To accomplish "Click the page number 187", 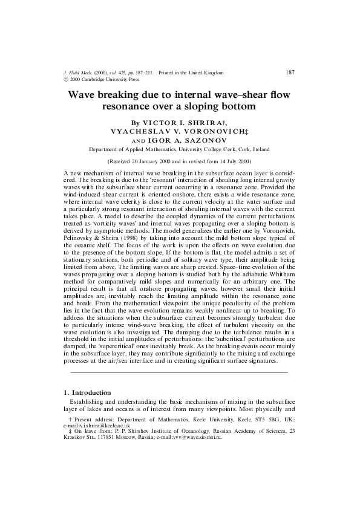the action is coord(289,72).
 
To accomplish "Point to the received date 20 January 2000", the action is coord(149,163).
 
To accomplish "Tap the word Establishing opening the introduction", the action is coord(90,401).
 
